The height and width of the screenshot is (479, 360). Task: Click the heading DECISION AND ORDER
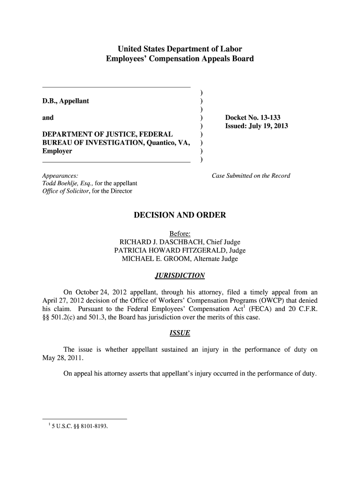click(180, 215)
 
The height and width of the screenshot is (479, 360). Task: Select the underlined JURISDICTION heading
click(180, 276)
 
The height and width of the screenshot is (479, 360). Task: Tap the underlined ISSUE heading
click(180, 334)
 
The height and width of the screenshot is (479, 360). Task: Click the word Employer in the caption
click(57, 152)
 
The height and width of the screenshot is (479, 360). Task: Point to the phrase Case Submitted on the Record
click(251, 176)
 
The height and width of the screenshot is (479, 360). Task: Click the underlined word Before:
click(180, 233)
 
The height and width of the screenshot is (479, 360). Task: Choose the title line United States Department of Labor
click(180, 49)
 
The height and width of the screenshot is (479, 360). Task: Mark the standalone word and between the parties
click(48, 118)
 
